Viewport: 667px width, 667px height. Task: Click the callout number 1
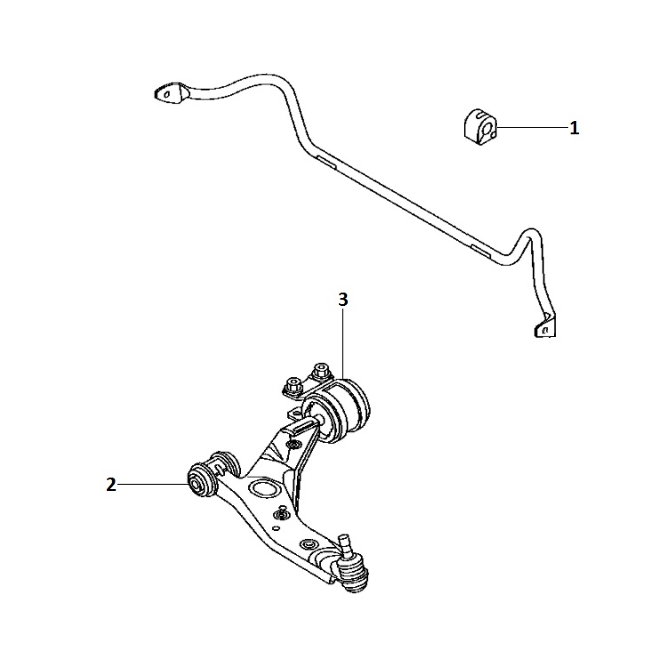[x=575, y=128]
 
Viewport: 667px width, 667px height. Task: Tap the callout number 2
[x=111, y=485]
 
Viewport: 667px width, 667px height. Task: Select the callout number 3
[x=343, y=300]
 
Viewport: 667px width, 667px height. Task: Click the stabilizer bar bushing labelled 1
[x=480, y=127]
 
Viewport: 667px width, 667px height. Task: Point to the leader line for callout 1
[x=532, y=127]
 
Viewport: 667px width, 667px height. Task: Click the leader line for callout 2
[x=153, y=484]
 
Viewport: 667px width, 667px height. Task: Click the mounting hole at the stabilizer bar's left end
[x=167, y=95]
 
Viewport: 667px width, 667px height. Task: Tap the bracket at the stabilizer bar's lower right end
[x=545, y=325]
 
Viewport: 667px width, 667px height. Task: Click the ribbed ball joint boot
[x=353, y=575]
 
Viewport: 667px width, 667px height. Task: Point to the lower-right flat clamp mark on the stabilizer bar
[x=480, y=251]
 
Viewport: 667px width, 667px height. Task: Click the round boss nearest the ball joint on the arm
[x=308, y=543]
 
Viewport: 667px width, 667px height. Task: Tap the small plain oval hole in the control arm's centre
[x=276, y=529]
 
